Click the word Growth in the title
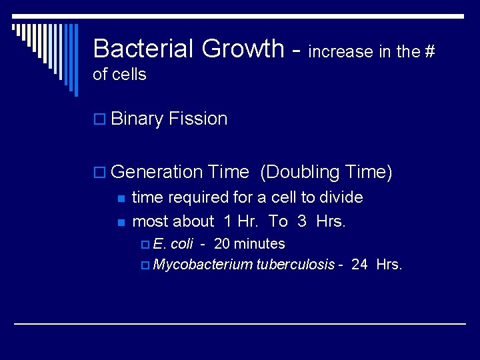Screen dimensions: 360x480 click(x=243, y=49)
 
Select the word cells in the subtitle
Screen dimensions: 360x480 click(x=129, y=75)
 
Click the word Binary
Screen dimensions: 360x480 click(x=137, y=119)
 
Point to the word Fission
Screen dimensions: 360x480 click(x=198, y=119)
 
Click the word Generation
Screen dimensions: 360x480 click(x=157, y=172)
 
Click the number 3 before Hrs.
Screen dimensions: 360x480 click(x=302, y=221)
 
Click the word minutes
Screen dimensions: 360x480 click(x=259, y=244)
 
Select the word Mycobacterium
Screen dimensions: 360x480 click(x=203, y=265)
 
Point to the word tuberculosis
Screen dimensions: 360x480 click(x=295, y=265)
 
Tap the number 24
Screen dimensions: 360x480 click(x=359, y=265)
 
